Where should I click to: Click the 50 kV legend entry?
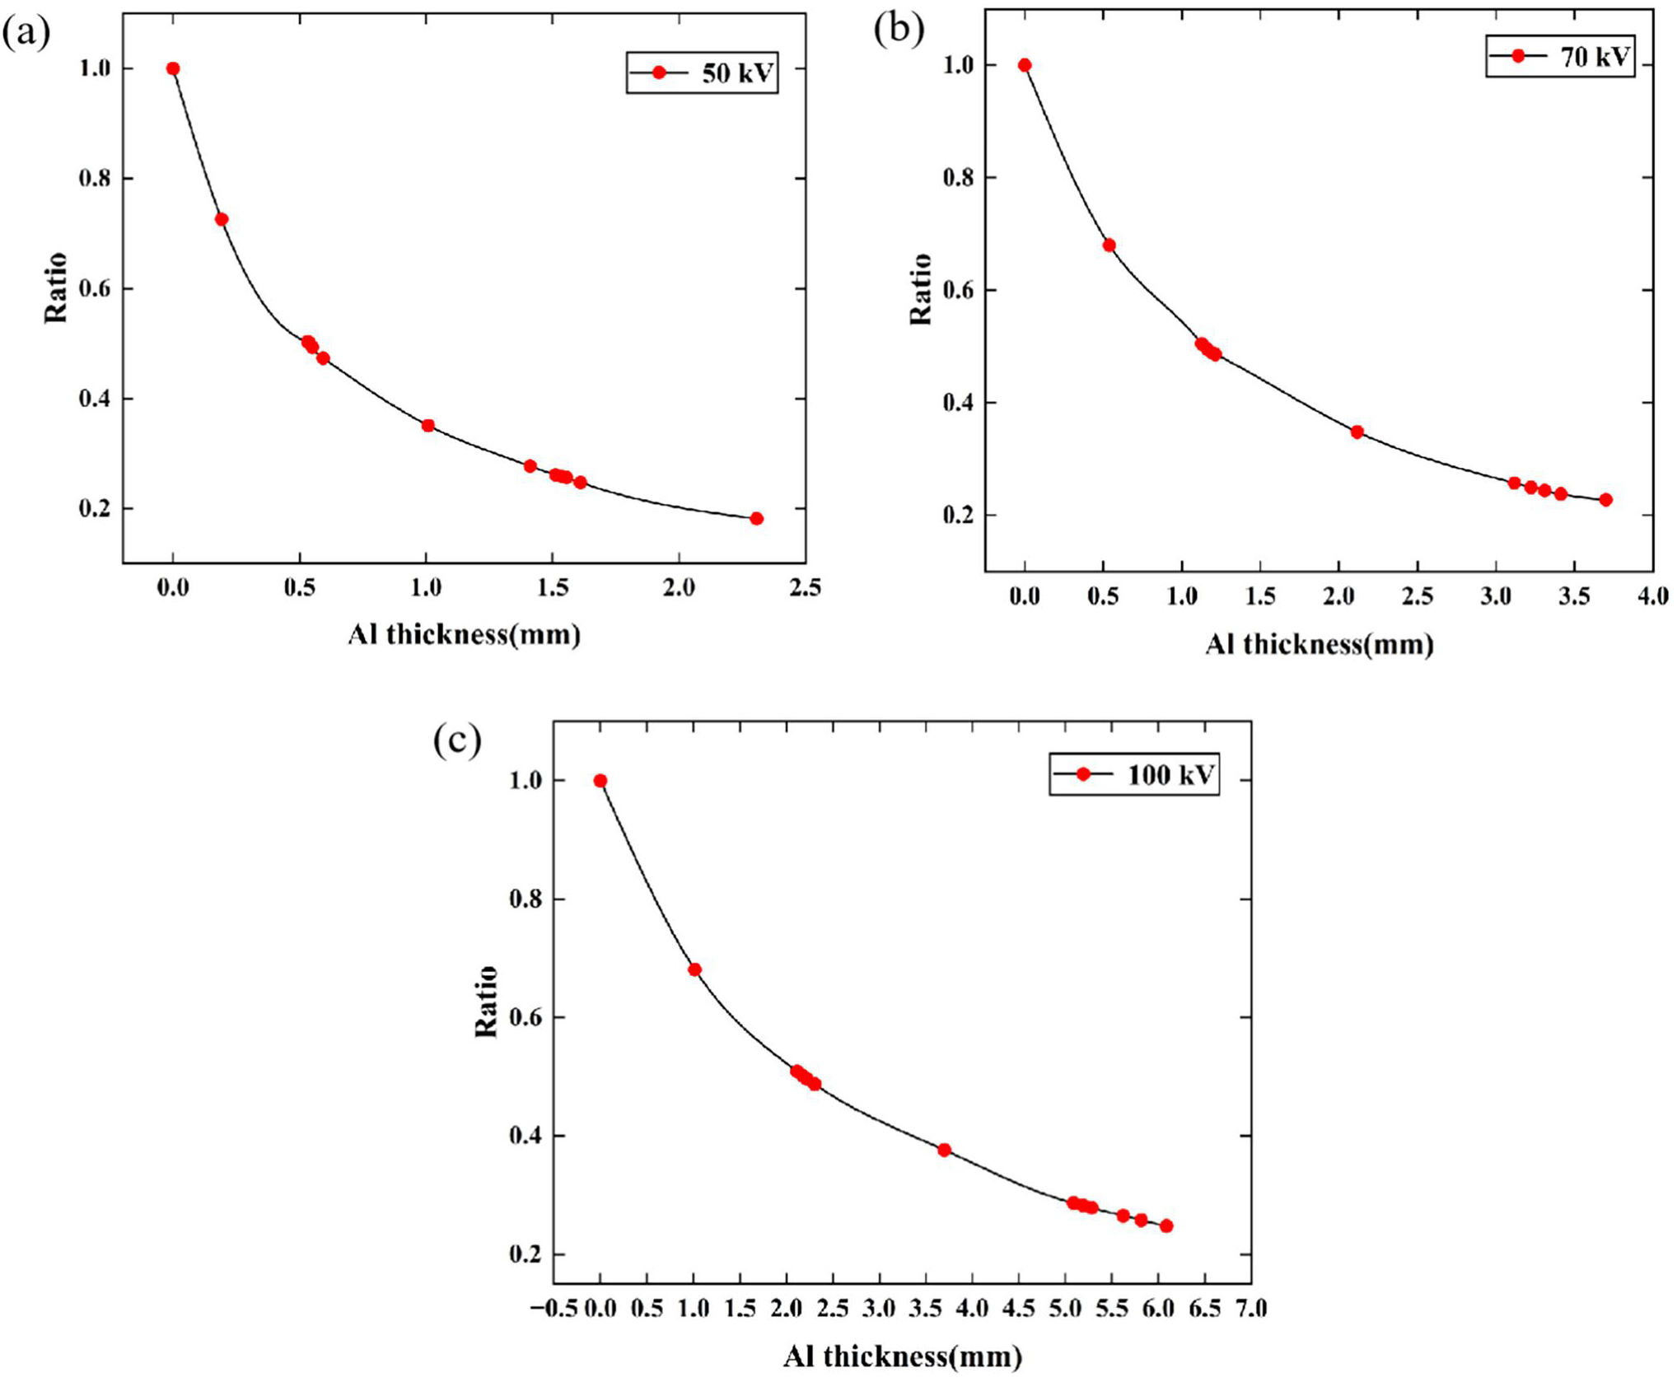pos(702,73)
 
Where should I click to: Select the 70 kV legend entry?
pos(1560,56)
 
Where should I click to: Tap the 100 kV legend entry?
pos(1134,774)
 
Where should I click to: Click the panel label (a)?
pos(26,33)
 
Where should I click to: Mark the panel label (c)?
pos(457,740)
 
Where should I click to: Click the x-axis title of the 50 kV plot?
pos(465,634)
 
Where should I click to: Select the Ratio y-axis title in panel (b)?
pos(920,289)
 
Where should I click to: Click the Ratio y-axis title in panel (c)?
pos(487,1001)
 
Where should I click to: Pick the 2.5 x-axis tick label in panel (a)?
pos(805,587)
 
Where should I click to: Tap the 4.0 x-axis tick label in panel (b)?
pos(1652,595)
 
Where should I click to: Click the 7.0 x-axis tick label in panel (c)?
pos(1251,1308)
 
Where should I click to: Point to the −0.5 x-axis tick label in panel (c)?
pos(554,1308)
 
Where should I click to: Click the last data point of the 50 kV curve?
pos(756,518)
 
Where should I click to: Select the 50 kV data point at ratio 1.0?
pos(173,68)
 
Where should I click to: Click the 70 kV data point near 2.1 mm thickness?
pos(1357,432)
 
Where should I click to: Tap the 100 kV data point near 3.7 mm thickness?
pos(944,1150)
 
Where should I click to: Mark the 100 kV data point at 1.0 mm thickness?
pos(694,969)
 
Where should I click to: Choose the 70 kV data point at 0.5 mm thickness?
pos(1109,245)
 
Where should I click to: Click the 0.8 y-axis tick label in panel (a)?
pos(94,178)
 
